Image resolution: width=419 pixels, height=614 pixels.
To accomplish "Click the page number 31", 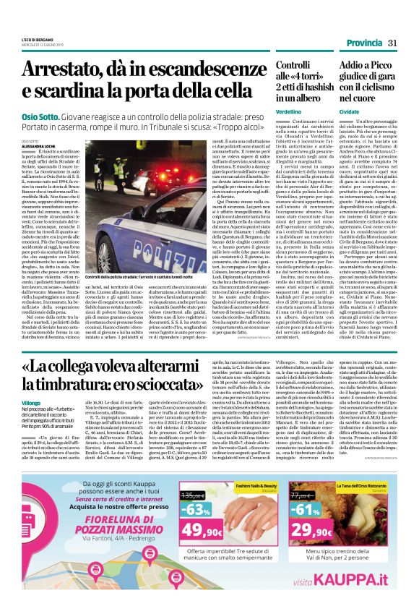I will [x=394, y=44].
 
